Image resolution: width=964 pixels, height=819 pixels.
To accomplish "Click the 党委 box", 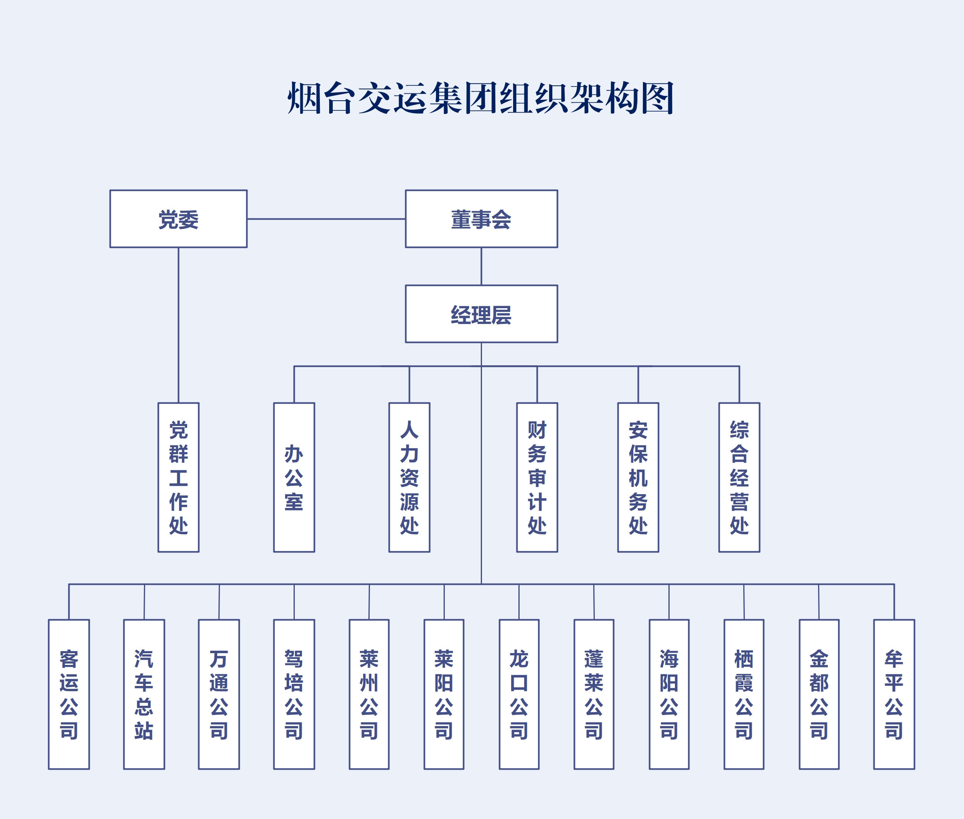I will coord(178,219).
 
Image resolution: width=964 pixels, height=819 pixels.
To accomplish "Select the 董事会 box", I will coord(481,219).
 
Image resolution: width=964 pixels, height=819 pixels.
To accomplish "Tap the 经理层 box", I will coord(481,314).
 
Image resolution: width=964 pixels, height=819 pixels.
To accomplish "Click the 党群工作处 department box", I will coord(178,477).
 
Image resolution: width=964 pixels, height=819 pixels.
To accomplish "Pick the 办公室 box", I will coord(294,477).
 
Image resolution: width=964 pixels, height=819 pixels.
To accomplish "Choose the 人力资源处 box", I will coord(409,477).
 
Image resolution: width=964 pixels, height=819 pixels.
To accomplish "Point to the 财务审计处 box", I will coord(537,477).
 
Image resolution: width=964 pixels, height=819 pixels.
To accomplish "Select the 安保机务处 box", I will coord(638,477).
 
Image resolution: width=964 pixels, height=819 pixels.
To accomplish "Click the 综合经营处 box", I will coord(739,477).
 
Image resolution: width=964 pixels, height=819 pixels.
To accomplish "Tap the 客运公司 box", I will coord(69,694).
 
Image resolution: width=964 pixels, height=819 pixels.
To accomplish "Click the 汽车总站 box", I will coord(144,694).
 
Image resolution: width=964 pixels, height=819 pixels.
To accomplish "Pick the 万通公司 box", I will coord(219,694).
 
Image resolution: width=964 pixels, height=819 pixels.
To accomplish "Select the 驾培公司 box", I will coord(294,694).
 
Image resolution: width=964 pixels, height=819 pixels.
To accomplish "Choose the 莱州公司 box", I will coord(369,694).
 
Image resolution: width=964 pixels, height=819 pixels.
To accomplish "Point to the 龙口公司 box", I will coord(519,694).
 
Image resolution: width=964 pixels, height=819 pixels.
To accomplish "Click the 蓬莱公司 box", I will coord(594,694).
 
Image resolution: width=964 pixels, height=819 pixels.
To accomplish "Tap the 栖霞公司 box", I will coord(744,694).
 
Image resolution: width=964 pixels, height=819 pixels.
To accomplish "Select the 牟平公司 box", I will coord(894,694).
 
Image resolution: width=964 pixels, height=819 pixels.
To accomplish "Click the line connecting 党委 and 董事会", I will coord(326,219).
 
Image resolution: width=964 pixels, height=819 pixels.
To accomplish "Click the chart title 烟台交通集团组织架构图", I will coord(481,98).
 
